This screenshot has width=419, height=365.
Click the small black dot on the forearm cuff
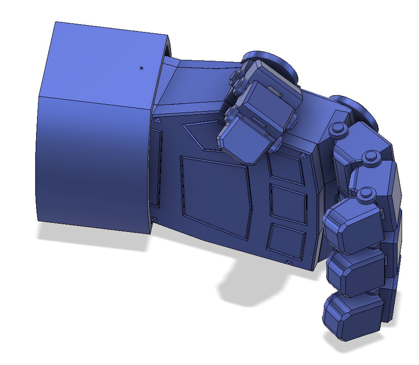[141, 68]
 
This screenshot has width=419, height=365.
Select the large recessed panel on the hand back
[215, 197]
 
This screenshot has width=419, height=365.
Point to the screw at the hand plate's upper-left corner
[158, 120]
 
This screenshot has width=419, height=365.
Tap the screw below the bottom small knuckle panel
[289, 262]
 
